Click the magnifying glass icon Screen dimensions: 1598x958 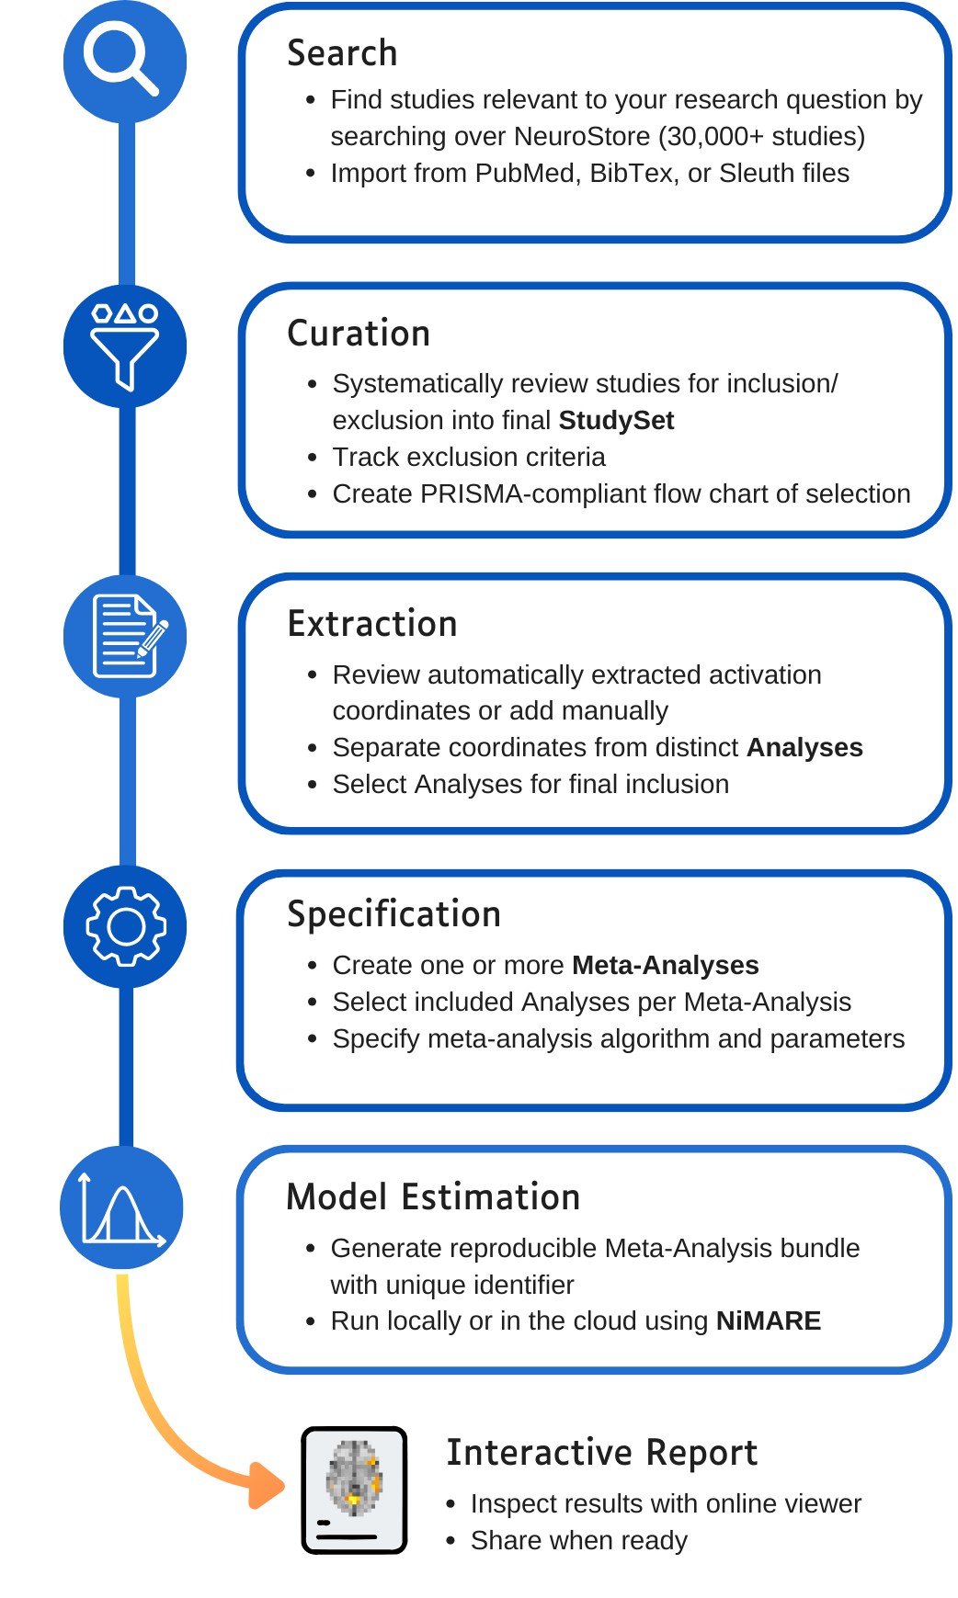[x=124, y=61]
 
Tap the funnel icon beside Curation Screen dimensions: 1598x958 [x=125, y=346]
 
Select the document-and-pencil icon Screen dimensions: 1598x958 [x=126, y=636]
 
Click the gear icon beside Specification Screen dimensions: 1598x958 [x=126, y=926]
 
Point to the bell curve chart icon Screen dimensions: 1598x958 [x=122, y=1207]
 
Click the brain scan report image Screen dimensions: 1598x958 [x=355, y=1490]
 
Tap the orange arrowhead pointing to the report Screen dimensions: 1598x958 [x=268, y=1485]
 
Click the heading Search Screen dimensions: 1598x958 [x=342, y=53]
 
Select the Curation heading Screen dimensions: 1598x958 [x=359, y=334]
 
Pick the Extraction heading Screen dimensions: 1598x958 [x=372, y=624]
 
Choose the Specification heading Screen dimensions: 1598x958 [x=393, y=914]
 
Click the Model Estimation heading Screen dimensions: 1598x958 [x=433, y=1197]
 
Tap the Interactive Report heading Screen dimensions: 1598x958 [x=601, y=1453]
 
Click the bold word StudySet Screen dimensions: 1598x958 [x=616, y=421]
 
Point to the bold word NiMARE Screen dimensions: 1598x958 [x=768, y=1321]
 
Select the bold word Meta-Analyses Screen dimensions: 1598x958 [x=665, y=966]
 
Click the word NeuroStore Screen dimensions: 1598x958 [x=582, y=137]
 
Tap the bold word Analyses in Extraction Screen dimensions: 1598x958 [x=804, y=748]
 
